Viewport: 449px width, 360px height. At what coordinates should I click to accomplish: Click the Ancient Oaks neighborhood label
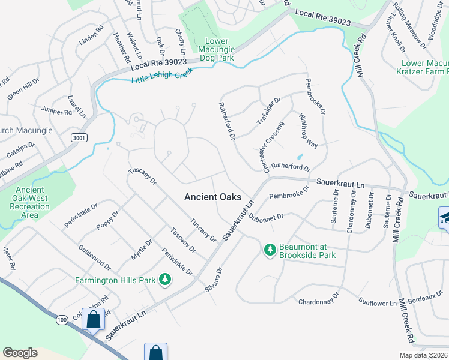(212, 197)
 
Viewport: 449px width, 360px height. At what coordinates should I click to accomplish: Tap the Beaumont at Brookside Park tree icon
(270, 249)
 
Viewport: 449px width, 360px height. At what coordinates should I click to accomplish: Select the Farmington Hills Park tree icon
(164, 280)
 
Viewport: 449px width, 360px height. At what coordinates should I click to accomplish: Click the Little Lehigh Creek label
(163, 78)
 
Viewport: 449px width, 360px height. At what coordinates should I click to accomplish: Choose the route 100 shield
(62, 320)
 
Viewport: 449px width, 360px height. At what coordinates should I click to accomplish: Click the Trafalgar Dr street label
(268, 110)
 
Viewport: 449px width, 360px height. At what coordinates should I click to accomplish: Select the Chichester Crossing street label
(273, 146)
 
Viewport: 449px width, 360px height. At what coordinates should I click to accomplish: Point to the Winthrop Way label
(308, 133)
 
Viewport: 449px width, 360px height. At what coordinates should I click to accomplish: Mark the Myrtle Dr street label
(142, 248)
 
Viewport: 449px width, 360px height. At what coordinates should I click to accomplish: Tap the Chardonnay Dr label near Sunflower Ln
(319, 300)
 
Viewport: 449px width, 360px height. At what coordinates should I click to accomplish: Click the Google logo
(20, 353)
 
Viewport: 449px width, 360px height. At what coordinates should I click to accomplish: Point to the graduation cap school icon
(445, 217)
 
